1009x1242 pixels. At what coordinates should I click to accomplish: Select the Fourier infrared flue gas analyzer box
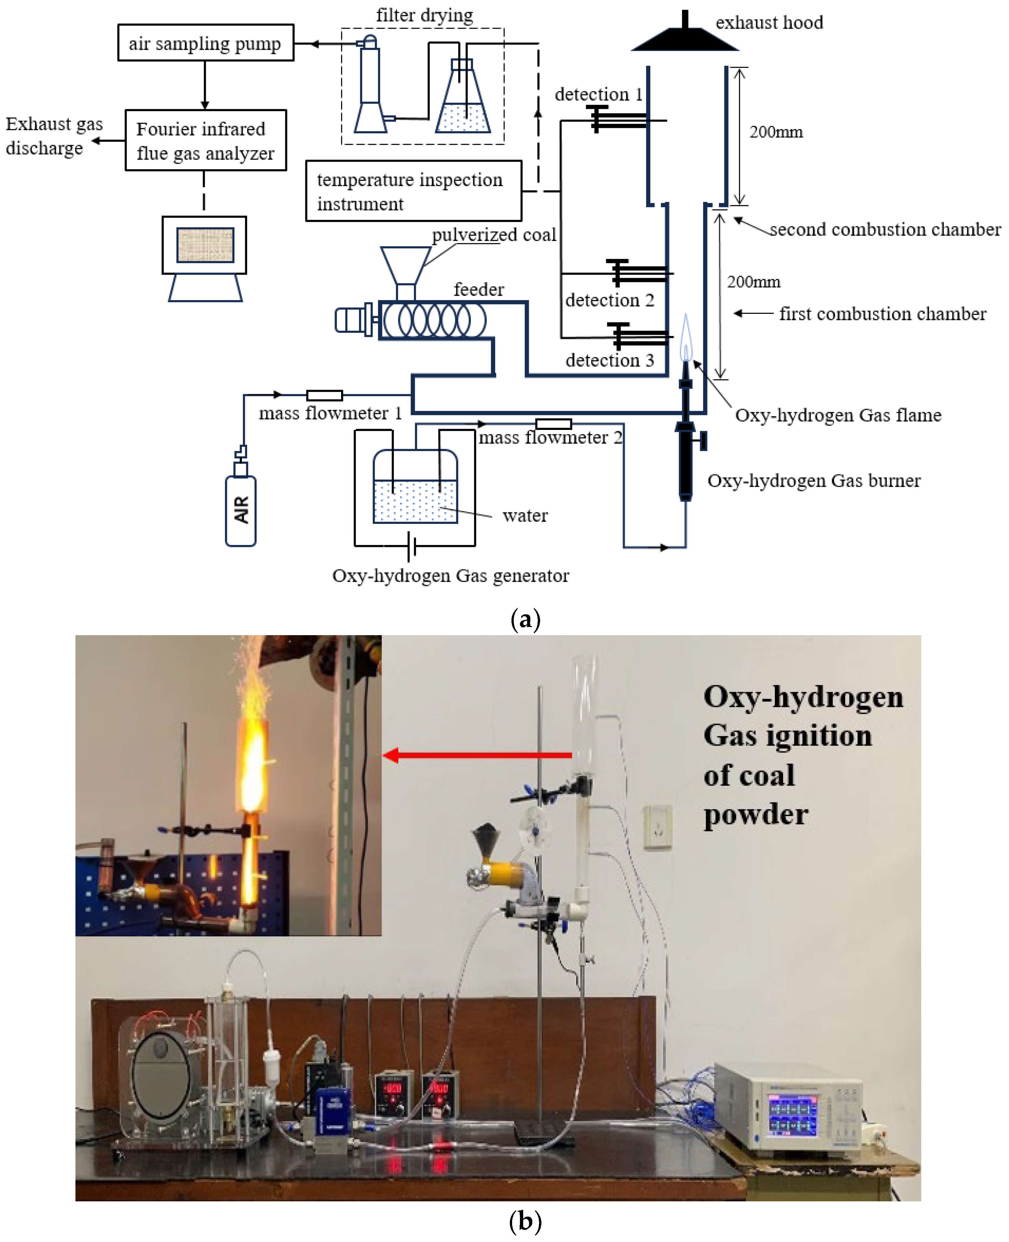(x=205, y=140)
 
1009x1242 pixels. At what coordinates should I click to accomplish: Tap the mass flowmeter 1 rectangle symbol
(x=324, y=395)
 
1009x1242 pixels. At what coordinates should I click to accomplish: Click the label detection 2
(x=609, y=300)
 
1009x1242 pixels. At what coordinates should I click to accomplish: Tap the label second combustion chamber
(x=884, y=230)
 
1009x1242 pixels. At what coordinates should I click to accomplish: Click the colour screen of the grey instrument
(x=791, y=1115)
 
